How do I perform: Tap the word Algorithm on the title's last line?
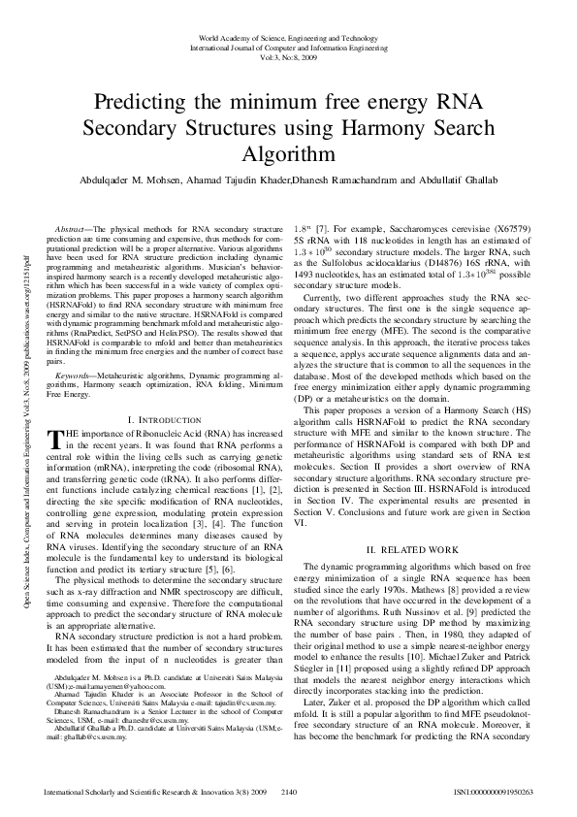(288, 153)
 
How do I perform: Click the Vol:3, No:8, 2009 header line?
(288, 57)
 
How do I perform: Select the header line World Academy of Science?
(288, 36)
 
